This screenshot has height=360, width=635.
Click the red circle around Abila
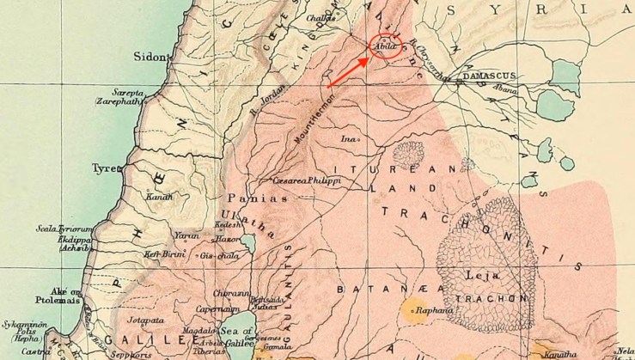pyautogui.click(x=385, y=46)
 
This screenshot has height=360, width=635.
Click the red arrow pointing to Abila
pyautogui.click(x=348, y=72)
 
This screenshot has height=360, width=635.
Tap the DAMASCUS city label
pyautogui.click(x=490, y=76)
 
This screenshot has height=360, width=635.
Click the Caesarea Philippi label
pyautogui.click(x=307, y=181)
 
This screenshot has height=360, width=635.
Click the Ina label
pyautogui.click(x=347, y=137)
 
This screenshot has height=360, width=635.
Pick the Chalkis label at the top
pyautogui.click(x=321, y=27)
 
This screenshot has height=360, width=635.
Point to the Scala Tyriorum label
pyautogui.click(x=64, y=229)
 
